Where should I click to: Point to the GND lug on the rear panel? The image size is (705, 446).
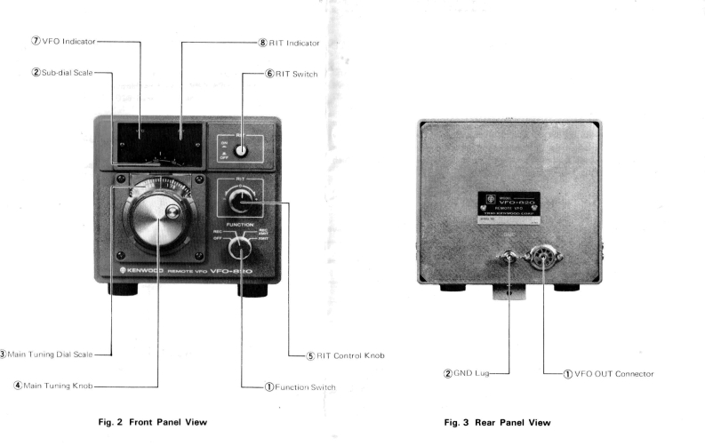coord(508,259)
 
